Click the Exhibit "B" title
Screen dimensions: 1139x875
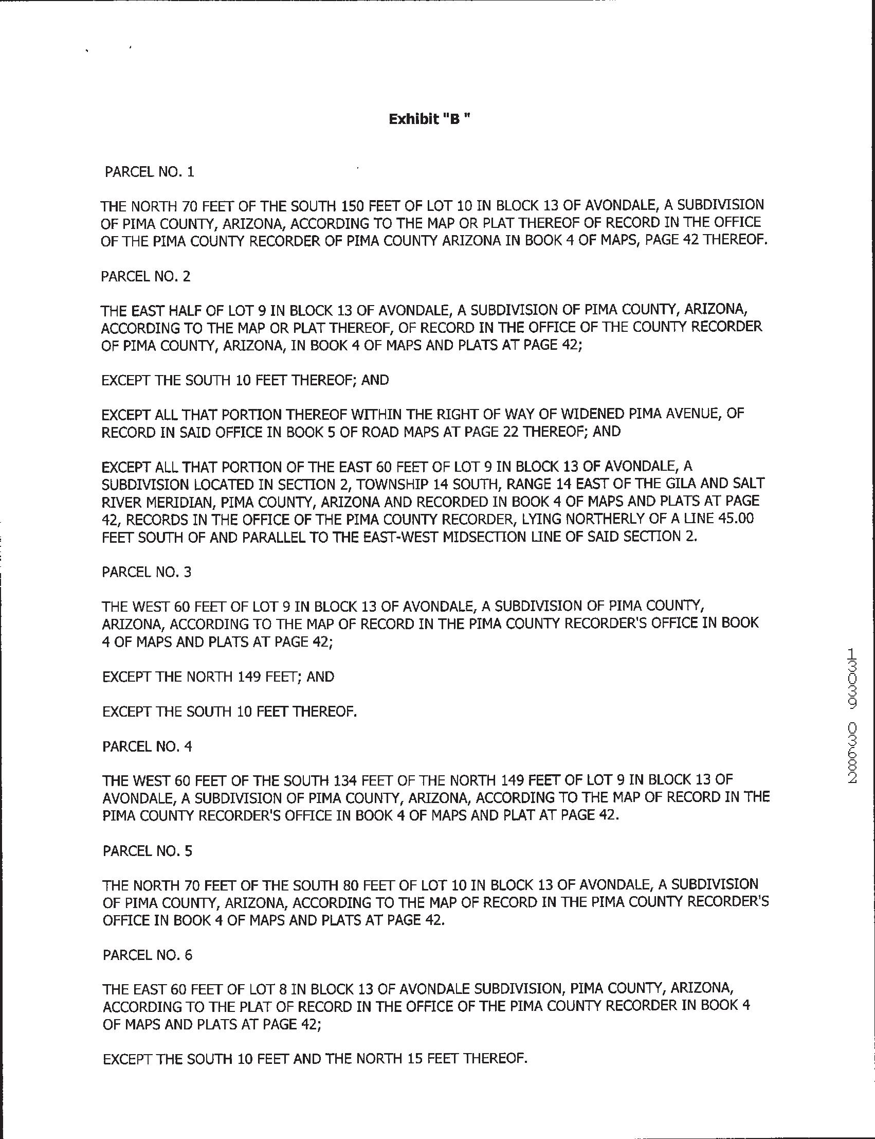pos(430,119)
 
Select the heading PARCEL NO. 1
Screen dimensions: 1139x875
pos(150,172)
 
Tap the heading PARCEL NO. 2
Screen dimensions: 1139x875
pos(146,276)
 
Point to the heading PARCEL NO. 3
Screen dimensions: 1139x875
pos(147,572)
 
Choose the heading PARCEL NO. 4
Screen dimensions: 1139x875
pos(148,746)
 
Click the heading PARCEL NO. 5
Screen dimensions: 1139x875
pos(148,851)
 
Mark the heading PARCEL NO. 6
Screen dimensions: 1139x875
pos(148,955)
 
